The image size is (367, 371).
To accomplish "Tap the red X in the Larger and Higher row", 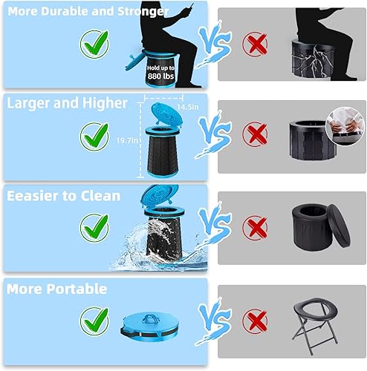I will coord(256,135).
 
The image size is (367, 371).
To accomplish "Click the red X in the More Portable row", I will coord(256,321).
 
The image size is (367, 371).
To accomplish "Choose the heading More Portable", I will coord(56,289).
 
